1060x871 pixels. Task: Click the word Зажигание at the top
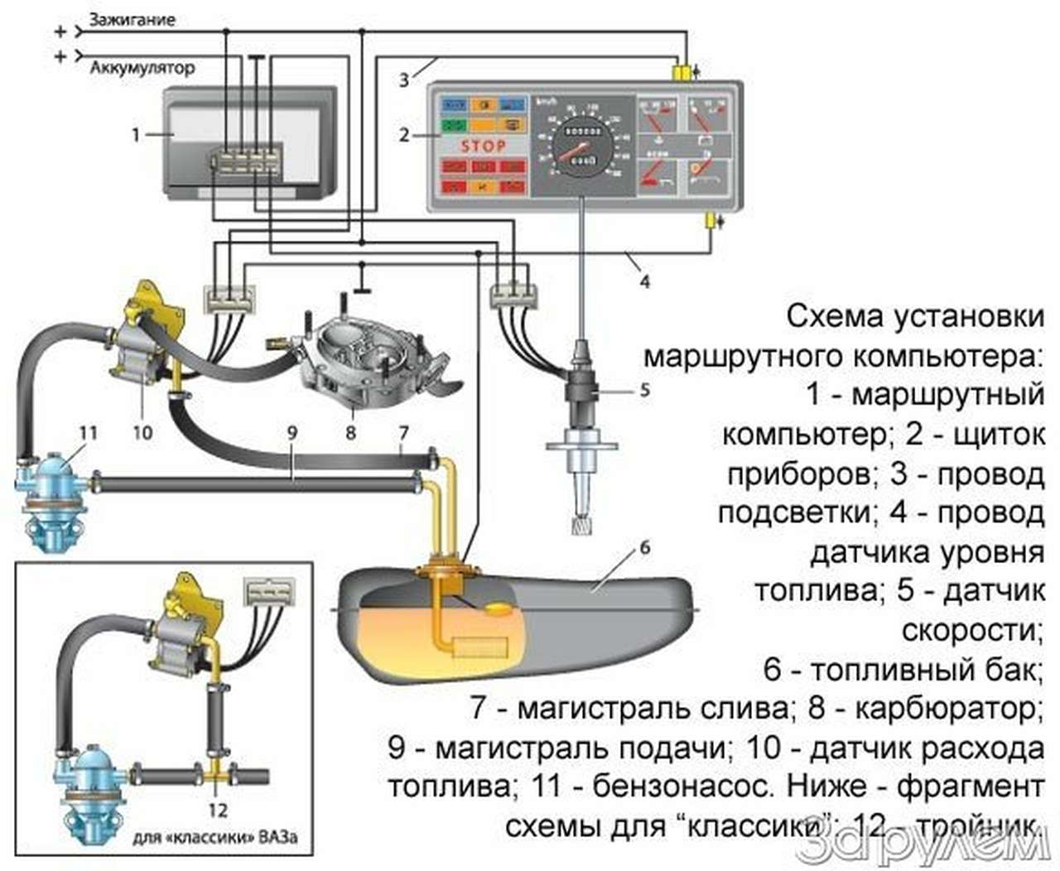(132, 19)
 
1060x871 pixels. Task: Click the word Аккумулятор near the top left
(142, 68)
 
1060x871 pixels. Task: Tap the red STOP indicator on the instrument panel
(483, 146)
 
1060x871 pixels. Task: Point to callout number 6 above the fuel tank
(644, 547)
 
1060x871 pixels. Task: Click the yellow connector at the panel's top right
(682, 74)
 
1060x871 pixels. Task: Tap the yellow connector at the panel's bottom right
(711, 221)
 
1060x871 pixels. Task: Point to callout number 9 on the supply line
(292, 431)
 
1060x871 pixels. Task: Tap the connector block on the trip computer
(247, 158)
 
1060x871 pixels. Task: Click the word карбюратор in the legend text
(945, 710)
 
